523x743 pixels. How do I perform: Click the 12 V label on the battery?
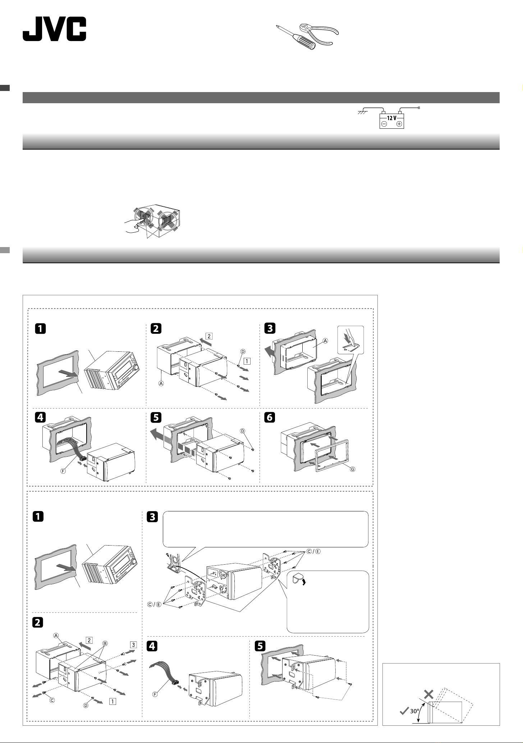(x=392, y=118)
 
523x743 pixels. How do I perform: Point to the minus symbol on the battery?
(x=384, y=124)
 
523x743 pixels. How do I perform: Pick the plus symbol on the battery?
(x=399, y=124)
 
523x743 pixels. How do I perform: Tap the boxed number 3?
(x=133, y=645)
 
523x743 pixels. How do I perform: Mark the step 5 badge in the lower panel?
(x=261, y=646)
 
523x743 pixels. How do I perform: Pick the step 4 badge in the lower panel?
(x=152, y=646)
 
